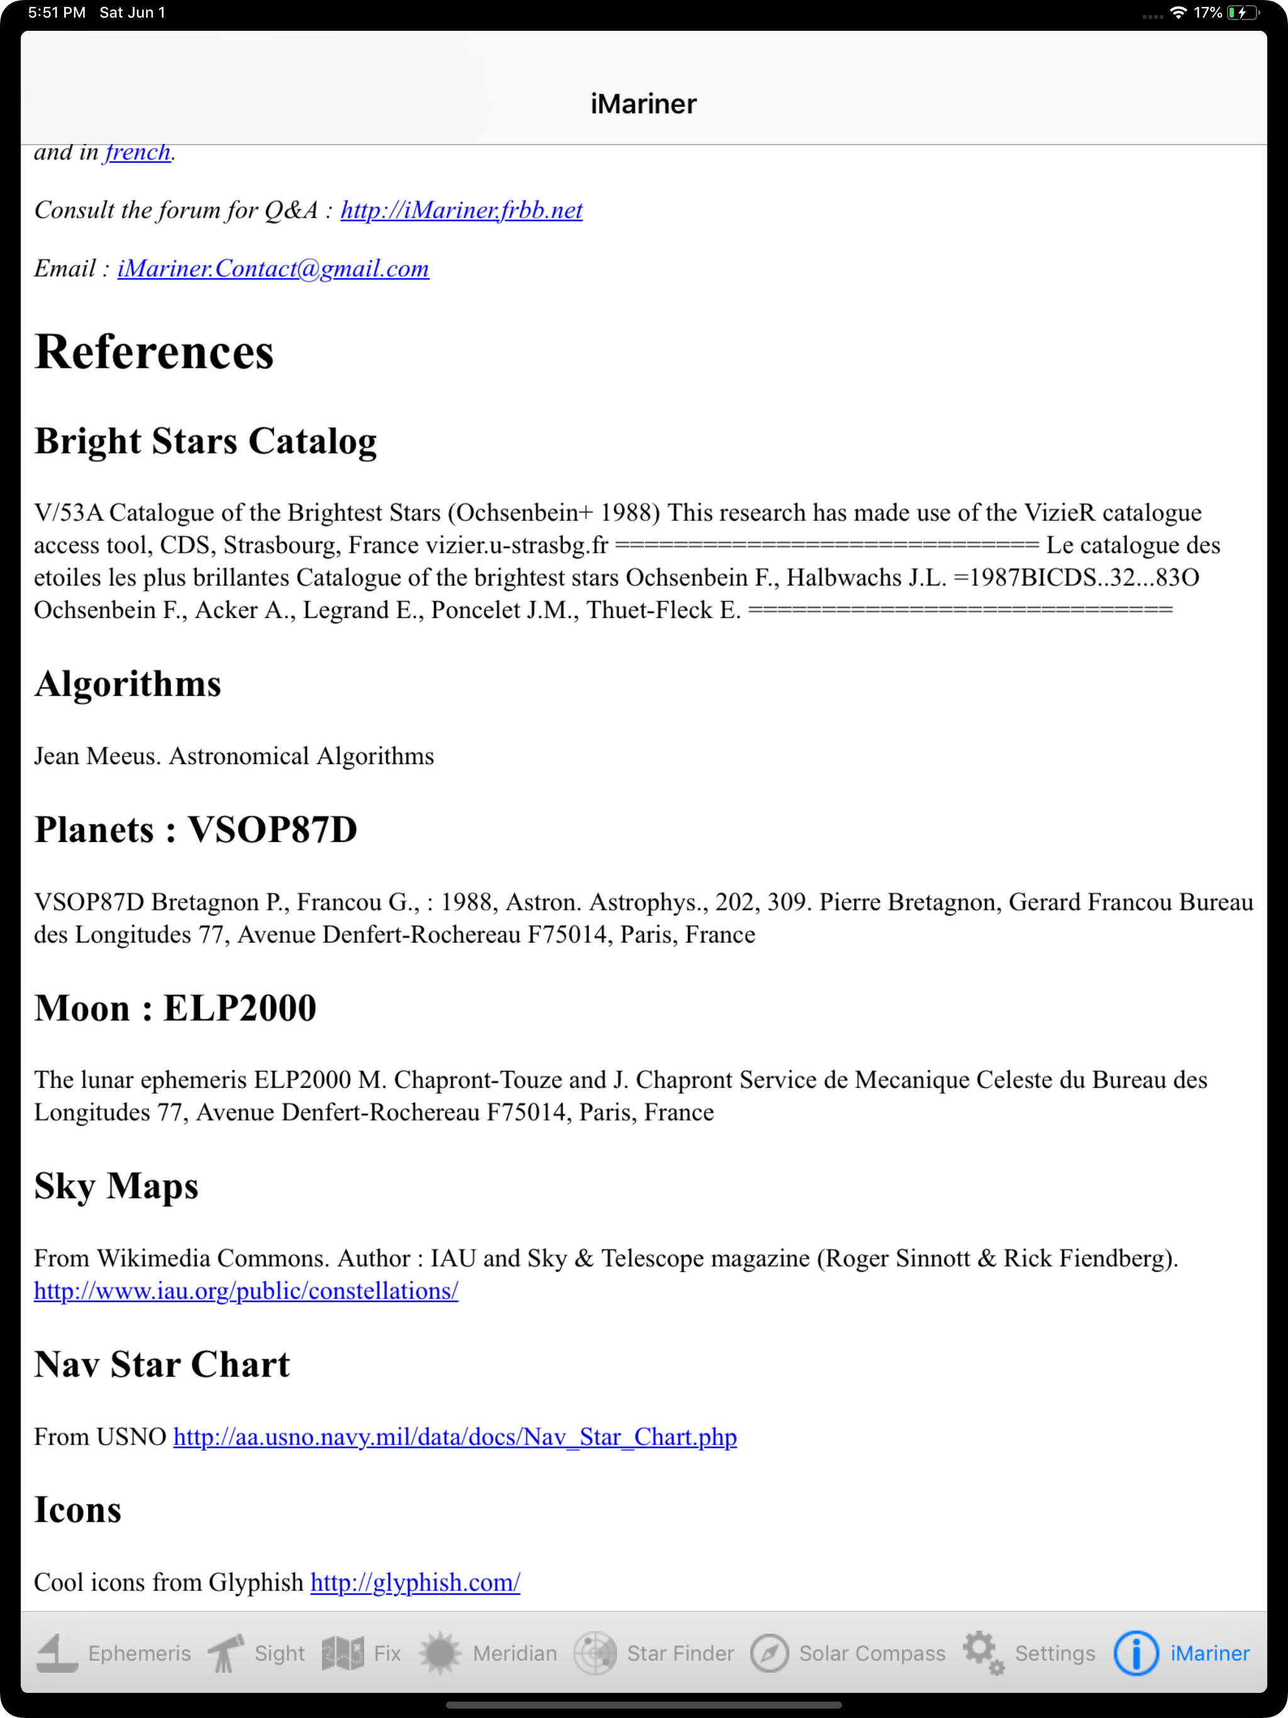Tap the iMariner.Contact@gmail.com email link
tap(273, 268)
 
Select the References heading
tap(154, 352)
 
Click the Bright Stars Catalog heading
tap(206, 441)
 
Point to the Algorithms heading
tap(128, 684)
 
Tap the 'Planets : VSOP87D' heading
tap(196, 829)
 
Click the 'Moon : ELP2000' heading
tap(175, 1008)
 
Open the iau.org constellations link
tap(245, 1291)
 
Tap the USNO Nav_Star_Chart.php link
tap(455, 1437)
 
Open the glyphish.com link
tap(415, 1582)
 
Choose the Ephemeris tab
tap(113, 1653)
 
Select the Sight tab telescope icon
tap(225, 1653)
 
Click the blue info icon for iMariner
tap(1135, 1653)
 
